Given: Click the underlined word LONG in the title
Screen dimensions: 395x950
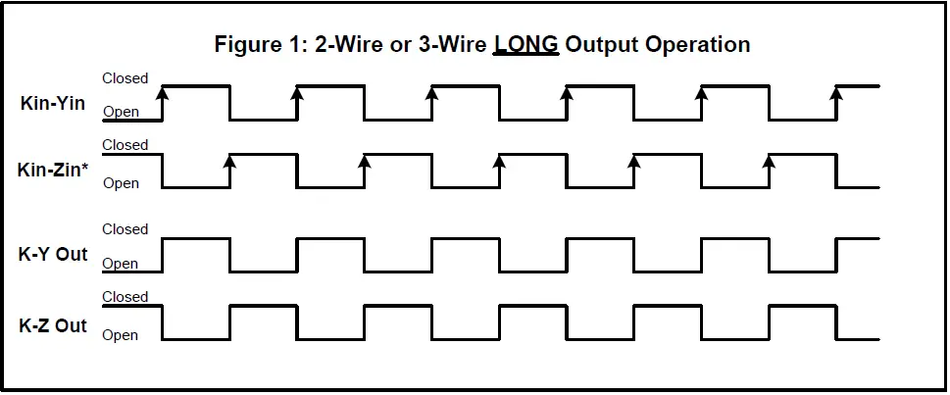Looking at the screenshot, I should point(525,44).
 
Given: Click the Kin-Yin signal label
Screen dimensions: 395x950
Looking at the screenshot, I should point(53,102).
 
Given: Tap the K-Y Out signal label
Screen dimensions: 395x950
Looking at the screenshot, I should point(53,254).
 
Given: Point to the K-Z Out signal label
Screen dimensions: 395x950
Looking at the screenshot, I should point(53,325).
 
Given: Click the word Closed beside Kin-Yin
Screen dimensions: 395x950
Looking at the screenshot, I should point(125,78).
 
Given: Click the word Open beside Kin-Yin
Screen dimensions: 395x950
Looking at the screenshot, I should point(121,112).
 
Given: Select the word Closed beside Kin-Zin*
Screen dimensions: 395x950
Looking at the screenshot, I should point(125,145).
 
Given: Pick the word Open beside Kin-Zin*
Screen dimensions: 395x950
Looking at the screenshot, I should point(121,182).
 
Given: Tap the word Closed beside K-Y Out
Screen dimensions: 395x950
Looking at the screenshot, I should point(125,229).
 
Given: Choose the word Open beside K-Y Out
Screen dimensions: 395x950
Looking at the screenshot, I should point(121,264).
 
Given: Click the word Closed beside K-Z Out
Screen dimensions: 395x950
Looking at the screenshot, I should point(125,297).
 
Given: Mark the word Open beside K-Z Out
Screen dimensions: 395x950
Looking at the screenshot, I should point(121,335).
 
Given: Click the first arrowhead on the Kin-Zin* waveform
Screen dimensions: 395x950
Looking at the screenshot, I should point(229,161).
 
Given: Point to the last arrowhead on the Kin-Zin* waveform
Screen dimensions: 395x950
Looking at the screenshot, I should point(769,161).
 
